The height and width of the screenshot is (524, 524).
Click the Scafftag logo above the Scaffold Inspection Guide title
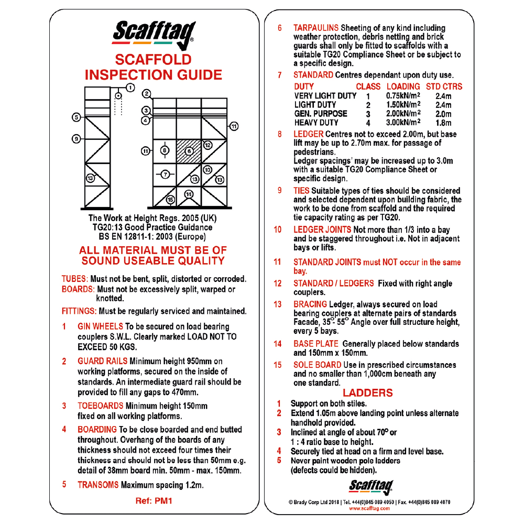(x=154, y=32)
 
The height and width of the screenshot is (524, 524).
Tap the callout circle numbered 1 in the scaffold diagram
(x=130, y=88)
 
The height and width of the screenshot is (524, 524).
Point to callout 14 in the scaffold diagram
(x=189, y=194)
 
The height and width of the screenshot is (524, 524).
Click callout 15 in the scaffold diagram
(x=170, y=200)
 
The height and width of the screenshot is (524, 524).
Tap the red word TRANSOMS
(x=98, y=485)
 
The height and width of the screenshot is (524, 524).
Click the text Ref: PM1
(x=154, y=500)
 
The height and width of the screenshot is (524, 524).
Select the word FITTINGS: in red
(x=79, y=311)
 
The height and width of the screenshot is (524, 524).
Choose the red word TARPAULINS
(x=316, y=27)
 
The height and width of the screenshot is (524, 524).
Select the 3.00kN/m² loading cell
(x=403, y=123)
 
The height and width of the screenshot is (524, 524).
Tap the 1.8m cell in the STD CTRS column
(x=443, y=123)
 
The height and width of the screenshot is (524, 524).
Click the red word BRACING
(x=310, y=304)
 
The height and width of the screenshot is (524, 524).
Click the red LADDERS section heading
(x=367, y=392)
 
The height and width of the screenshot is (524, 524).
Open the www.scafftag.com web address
(x=369, y=508)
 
